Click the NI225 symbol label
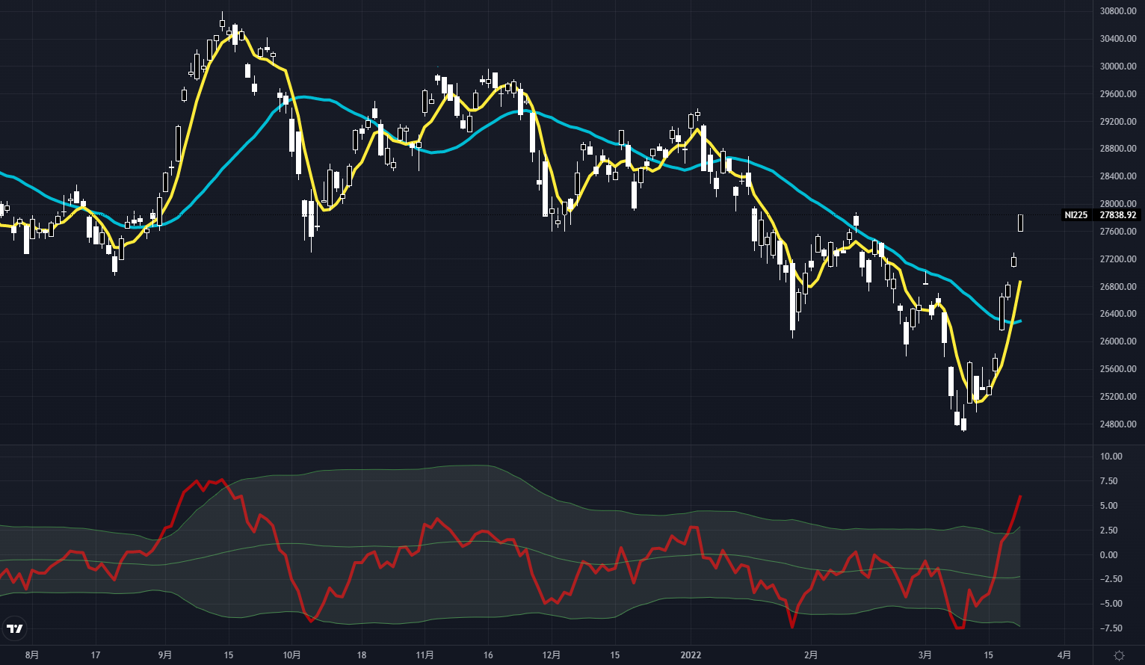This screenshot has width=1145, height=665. tap(1076, 215)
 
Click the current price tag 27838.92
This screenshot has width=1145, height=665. tap(1118, 215)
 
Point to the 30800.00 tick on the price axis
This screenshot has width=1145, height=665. tap(1118, 11)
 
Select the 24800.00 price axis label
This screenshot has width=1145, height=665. tap(1118, 424)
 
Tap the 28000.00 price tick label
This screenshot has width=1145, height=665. tap(1118, 204)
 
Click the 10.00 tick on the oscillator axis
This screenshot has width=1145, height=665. tap(1111, 457)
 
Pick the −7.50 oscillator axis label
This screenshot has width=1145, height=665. tap(1110, 628)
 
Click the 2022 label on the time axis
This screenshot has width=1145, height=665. tap(691, 655)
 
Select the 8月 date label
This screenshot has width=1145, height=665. tap(31, 655)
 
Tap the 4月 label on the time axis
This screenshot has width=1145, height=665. tap(1065, 655)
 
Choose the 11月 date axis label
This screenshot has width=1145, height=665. tap(425, 655)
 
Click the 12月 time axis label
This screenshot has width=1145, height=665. tap(551, 655)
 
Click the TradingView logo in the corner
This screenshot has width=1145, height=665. tap(15, 628)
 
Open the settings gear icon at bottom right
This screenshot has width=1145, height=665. tap(1119, 655)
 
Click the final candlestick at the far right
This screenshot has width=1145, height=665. tap(1020, 222)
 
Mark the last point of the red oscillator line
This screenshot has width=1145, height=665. tap(1020, 496)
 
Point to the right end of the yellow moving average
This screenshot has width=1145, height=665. tap(1020, 282)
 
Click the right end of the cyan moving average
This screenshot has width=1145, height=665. tap(1020, 321)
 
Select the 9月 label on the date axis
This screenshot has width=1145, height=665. tap(165, 655)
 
